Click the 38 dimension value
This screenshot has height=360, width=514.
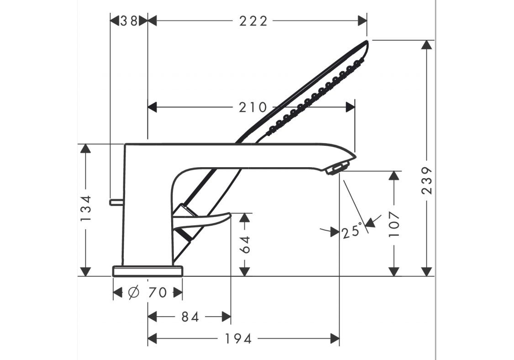point(129,21)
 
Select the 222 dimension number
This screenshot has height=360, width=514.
point(253,21)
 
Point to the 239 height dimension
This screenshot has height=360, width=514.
point(427,180)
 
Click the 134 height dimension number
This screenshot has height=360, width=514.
point(86,208)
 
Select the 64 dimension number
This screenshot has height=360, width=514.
point(245,244)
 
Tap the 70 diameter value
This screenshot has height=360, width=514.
point(157,292)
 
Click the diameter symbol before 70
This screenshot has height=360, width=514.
point(134,292)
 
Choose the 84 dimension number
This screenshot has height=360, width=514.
point(190,317)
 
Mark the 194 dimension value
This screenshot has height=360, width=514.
point(238,339)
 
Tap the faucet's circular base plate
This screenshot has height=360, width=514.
point(147,271)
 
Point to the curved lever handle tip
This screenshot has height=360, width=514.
point(231,214)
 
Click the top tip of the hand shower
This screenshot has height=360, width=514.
point(367,41)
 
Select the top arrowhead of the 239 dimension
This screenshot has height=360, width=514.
point(427,45)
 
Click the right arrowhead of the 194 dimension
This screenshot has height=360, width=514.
point(335,339)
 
